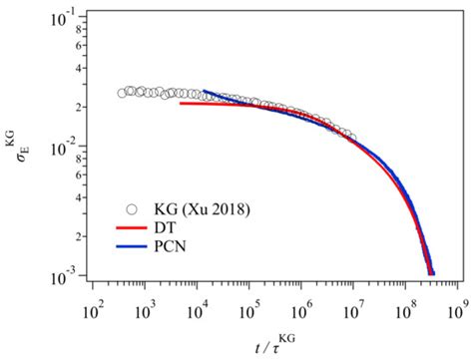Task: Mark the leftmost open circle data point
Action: [122, 94]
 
